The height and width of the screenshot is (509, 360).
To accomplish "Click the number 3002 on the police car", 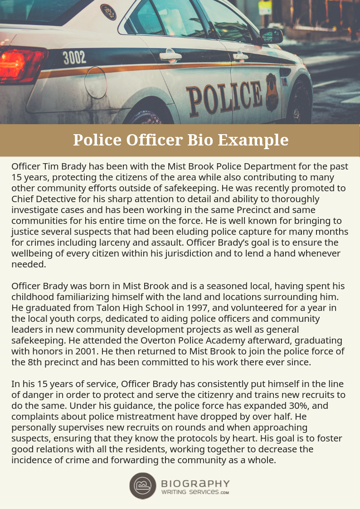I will coord(74,58).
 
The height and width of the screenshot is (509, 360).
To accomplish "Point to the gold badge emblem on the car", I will coord(272,92).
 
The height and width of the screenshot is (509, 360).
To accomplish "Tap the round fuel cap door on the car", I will coord(96,82).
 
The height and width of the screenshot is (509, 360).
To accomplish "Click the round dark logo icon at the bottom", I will coord(143,485).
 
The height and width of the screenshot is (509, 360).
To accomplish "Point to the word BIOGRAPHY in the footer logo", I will coord(195,484).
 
